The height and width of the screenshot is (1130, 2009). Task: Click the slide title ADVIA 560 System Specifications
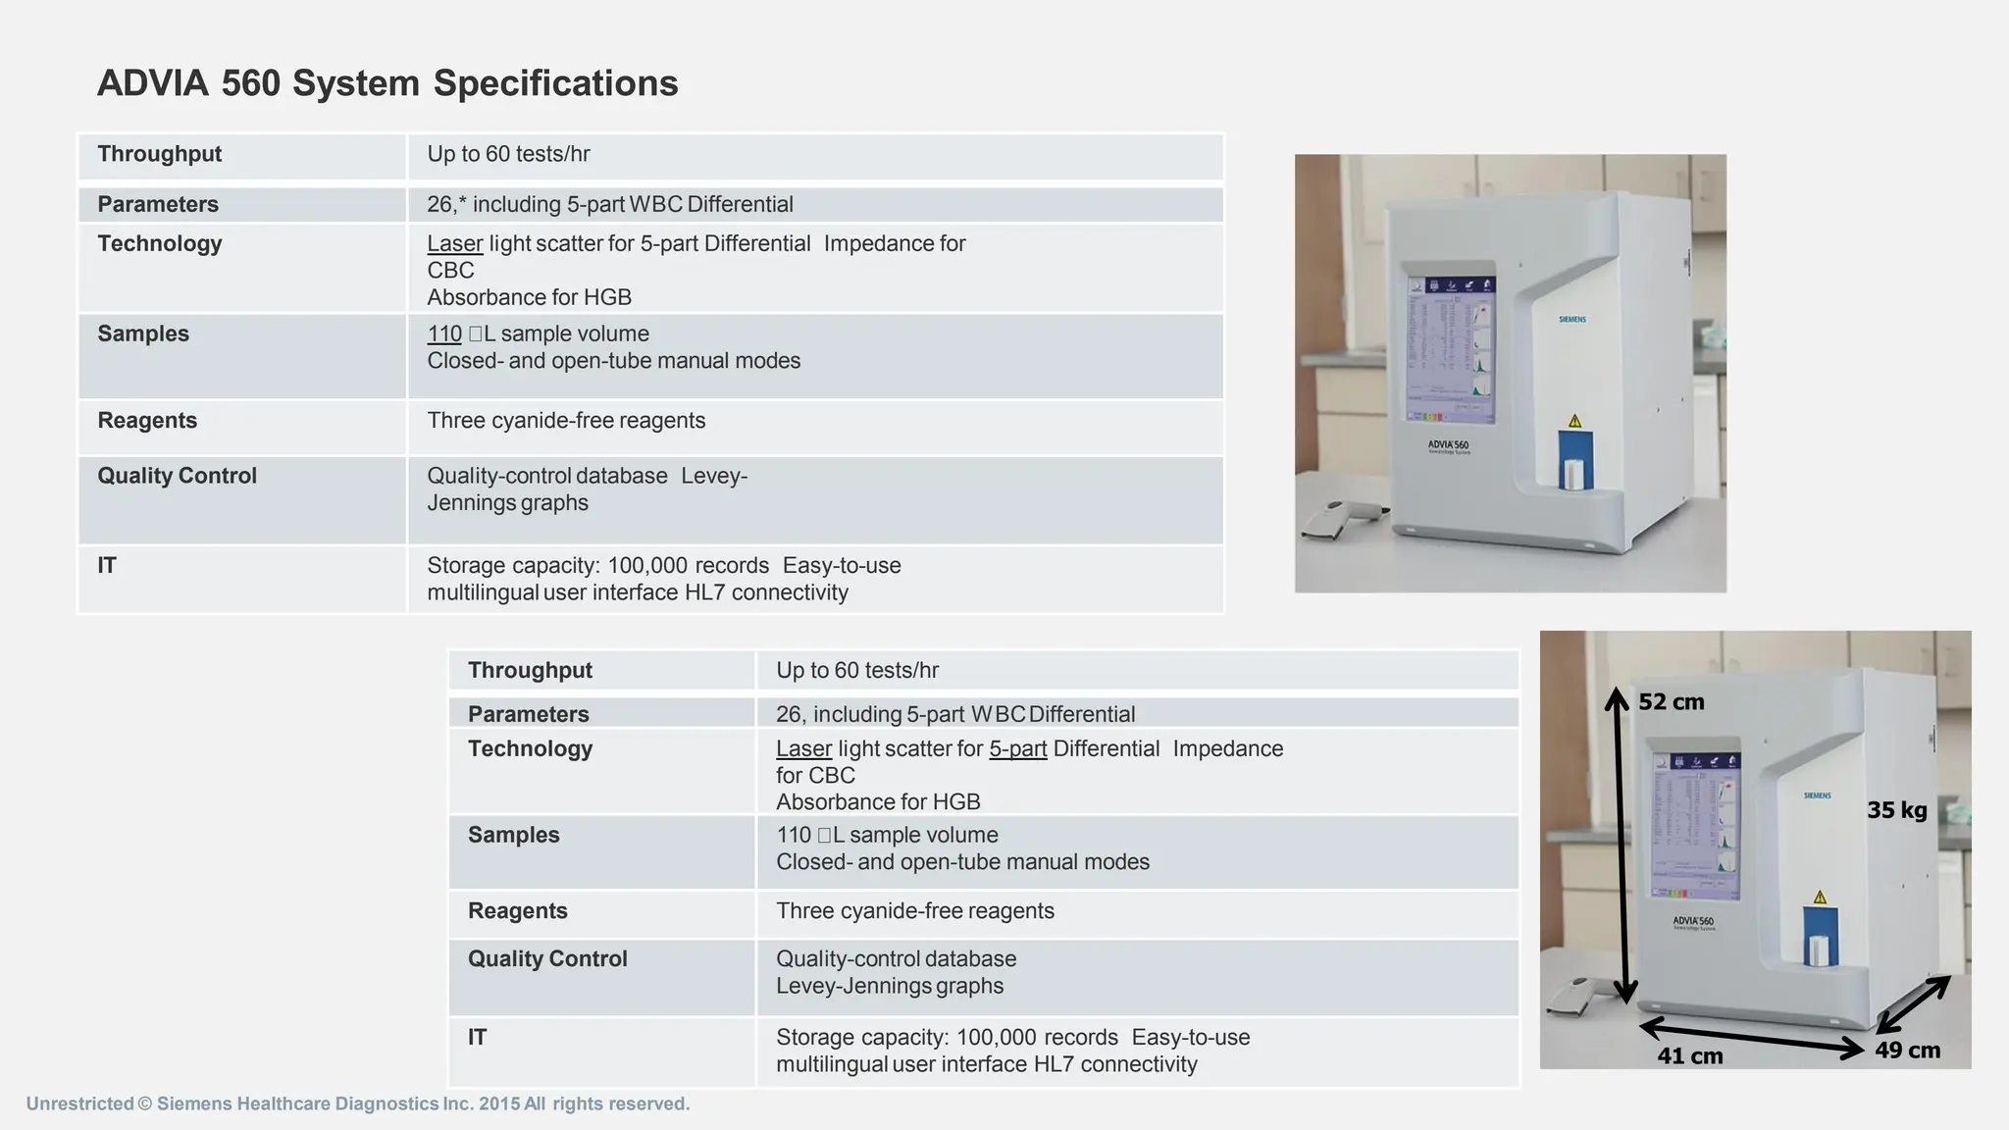pos(387,83)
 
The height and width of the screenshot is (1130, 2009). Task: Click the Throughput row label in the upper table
pos(159,154)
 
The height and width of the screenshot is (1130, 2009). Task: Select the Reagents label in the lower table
pos(517,910)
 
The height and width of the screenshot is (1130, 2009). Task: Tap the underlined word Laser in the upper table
pos(454,243)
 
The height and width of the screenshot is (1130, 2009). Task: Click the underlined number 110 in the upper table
pos(444,334)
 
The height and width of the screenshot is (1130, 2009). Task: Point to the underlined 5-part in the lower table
pos(1017,748)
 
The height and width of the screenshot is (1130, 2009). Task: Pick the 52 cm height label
pos(1671,702)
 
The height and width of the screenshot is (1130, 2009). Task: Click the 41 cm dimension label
pos(1689,1055)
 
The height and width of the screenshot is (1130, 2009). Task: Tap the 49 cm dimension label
pos(1907,1050)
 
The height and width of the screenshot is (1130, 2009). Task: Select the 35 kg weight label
pos(1896,810)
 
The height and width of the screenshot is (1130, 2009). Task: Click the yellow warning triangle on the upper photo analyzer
pos(1574,421)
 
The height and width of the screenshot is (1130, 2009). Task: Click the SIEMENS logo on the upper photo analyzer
pos(1571,320)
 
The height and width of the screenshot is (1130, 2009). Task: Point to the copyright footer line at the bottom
pos(357,1104)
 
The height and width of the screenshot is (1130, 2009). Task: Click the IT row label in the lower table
pos(477,1037)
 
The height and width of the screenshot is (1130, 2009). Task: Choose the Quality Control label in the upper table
pos(177,476)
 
